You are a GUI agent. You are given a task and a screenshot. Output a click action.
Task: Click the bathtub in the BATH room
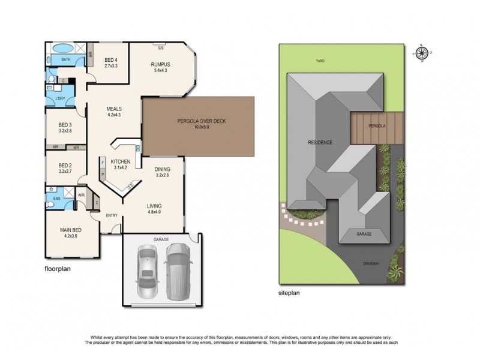click(62, 48)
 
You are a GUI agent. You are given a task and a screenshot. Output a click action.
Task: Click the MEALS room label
click(114, 109)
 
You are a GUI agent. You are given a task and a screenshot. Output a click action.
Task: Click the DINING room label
click(163, 169)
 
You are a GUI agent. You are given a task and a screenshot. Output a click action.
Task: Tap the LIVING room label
click(155, 206)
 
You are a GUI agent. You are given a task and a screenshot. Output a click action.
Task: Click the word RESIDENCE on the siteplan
click(320, 142)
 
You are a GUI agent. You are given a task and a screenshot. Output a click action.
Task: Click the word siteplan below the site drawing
click(287, 293)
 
